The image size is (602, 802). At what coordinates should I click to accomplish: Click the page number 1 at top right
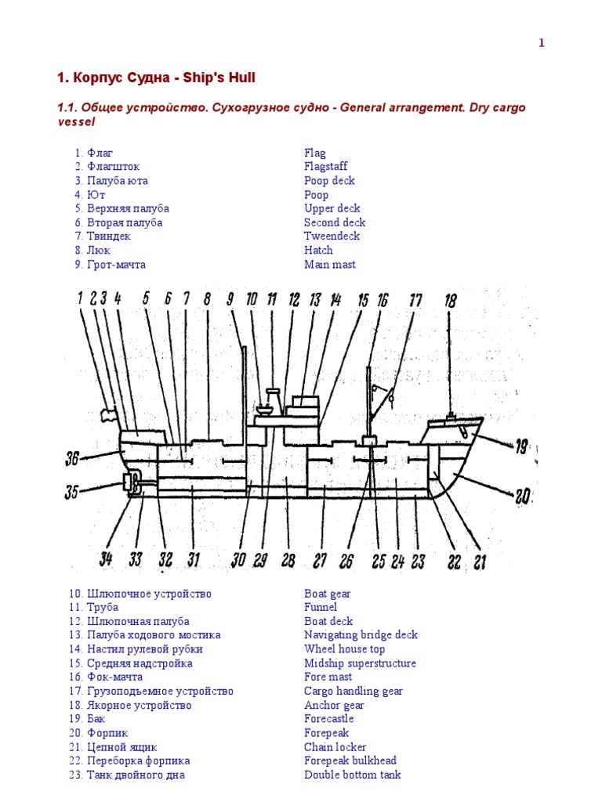(x=541, y=43)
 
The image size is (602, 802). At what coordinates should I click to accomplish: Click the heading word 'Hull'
(x=240, y=78)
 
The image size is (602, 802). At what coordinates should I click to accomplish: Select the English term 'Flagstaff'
(x=325, y=167)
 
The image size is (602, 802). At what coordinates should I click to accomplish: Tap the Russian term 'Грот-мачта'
(x=116, y=265)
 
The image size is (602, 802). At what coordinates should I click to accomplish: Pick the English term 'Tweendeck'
(x=332, y=237)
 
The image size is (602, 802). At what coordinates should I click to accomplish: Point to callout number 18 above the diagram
(x=450, y=299)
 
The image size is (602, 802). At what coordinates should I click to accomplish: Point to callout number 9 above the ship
(x=230, y=298)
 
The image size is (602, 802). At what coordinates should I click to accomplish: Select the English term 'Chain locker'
(x=335, y=747)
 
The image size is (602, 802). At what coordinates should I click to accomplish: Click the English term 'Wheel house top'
(x=344, y=649)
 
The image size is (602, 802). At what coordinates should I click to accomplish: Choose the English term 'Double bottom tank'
(x=352, y=775)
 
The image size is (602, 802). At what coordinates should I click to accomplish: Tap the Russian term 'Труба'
(x=103, y=607)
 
